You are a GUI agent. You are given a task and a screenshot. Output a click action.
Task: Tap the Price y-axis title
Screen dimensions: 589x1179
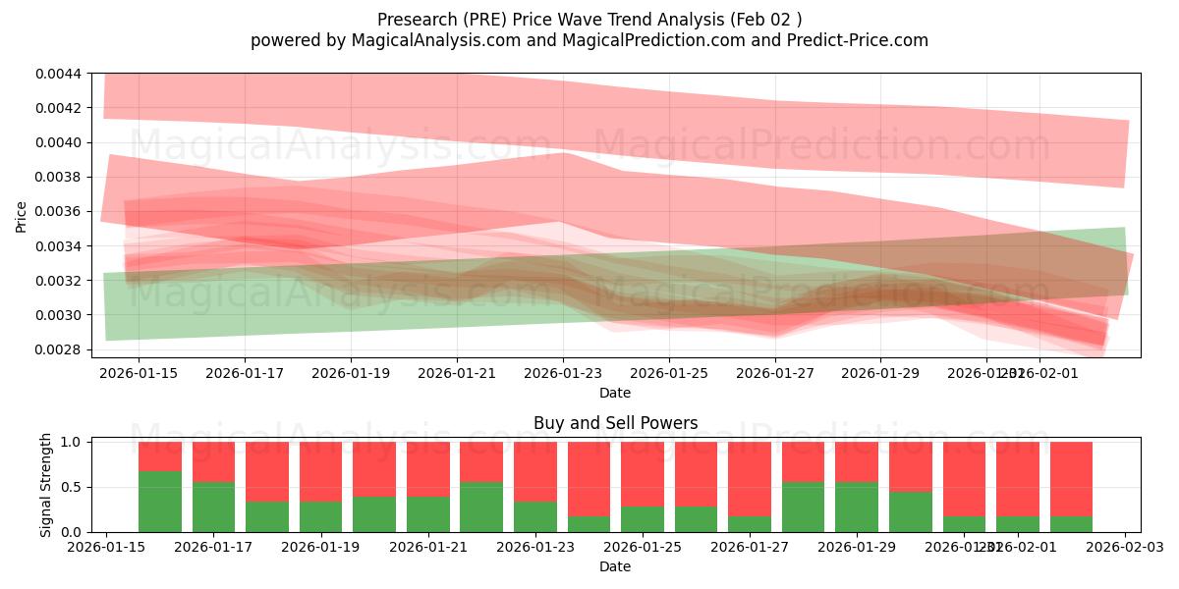(x=22, y=218)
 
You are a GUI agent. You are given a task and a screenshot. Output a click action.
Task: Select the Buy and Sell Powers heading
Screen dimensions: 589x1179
(x=615, y=424)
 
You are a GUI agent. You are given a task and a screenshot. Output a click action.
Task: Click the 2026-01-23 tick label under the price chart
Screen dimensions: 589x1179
(x=563, y=373)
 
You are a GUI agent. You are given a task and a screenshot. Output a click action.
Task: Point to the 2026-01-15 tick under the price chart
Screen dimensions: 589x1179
(x=139, y=373)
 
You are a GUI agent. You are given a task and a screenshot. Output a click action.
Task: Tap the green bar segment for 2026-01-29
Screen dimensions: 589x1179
(x=857, y=507)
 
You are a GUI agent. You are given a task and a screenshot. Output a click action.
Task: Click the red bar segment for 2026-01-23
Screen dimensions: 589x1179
(x=535, y=471)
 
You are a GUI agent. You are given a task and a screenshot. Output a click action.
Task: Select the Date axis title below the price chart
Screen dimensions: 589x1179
(x=615, y=393)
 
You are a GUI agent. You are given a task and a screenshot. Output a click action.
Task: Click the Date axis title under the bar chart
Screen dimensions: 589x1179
(x=615, y=566)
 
